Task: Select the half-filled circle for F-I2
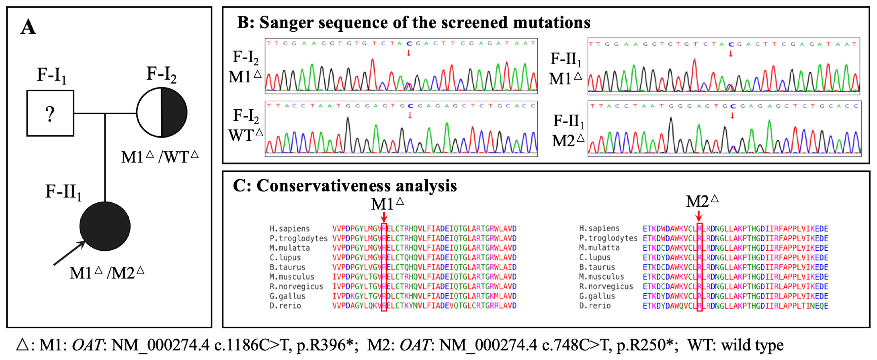(x=162, y=112)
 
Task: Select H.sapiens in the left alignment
(x=289, y=228)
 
